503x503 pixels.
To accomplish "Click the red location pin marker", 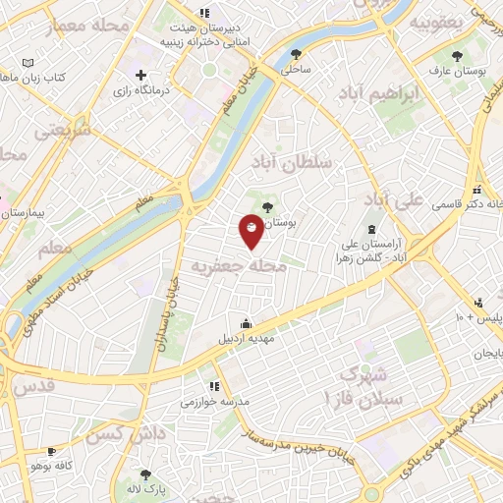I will (251, 229).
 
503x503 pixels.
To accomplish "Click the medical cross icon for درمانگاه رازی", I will (141, 75).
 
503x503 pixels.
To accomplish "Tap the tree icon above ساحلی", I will (297, 54).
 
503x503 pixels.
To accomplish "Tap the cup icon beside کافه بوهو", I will (51, 450).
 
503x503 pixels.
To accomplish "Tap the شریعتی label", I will (61, 129).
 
